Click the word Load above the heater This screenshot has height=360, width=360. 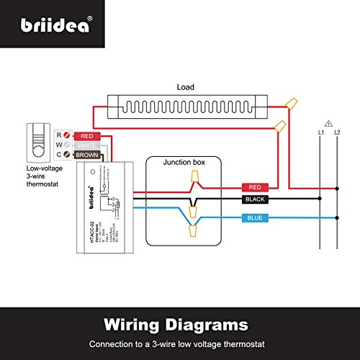tap(185, 87)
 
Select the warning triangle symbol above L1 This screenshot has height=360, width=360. tap(328, 122)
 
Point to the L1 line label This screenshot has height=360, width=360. tap(320, 133)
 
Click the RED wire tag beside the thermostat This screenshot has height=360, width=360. tap(86, 135)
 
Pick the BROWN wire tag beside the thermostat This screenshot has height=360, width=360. tap(88, 155)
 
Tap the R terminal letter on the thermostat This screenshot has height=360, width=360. tap(59, 135)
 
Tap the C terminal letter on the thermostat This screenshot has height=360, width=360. tap(59, 155)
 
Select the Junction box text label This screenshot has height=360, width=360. tap(184, 163)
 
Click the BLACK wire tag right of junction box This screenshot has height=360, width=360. tap(257, 198)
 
